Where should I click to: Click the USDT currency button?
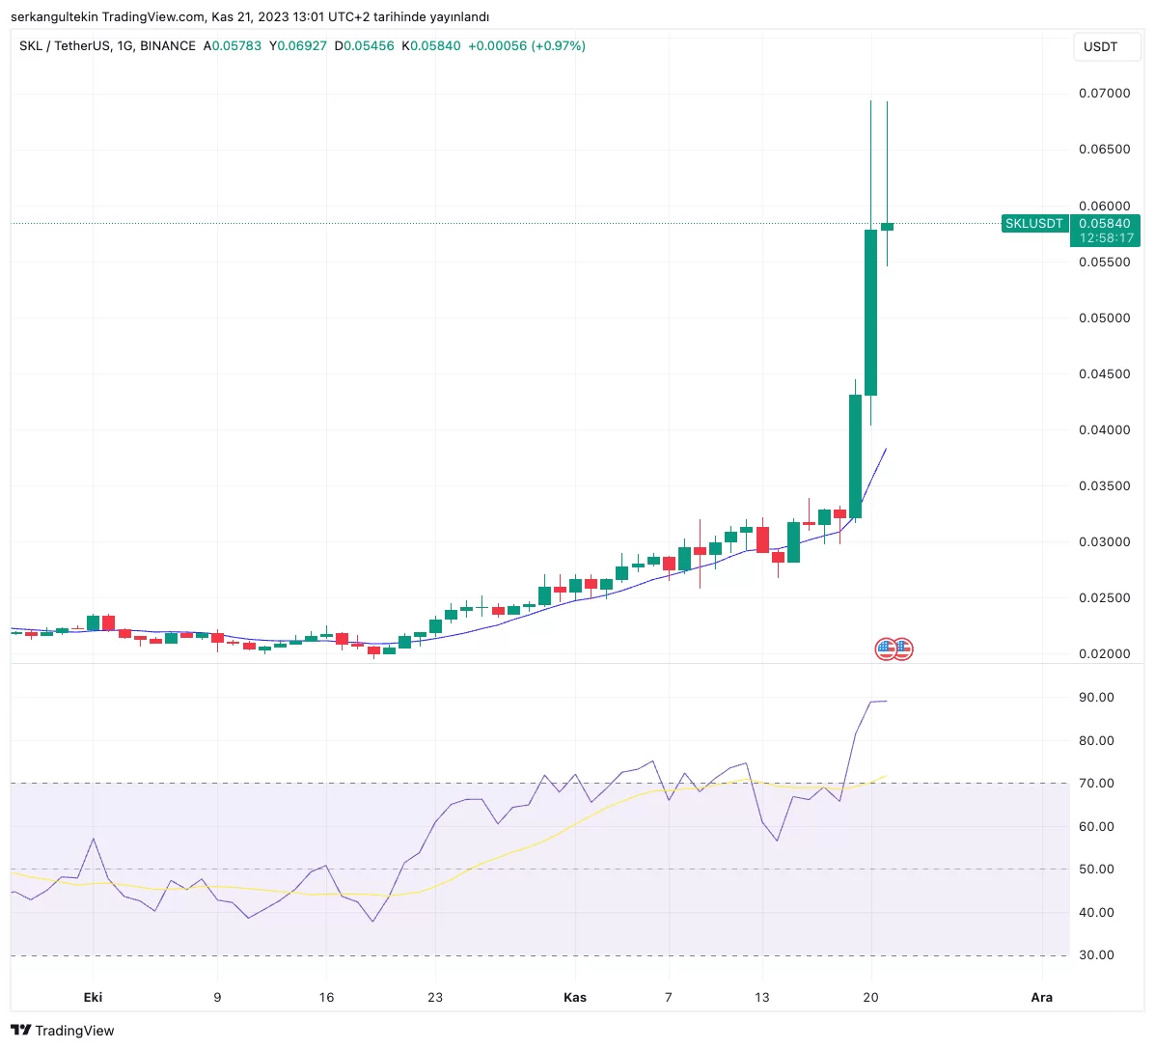[x=1100, y=46]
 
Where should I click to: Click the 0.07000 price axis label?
[x=1104, y=94]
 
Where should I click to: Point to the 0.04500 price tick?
[x=1104, y=374]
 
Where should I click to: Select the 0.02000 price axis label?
[x=1104, y=654]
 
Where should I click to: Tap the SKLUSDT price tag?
[x=1033, y=224]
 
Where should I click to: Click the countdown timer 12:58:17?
[x=1106, y=238]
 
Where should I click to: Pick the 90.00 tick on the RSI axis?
[x=1096, y=698]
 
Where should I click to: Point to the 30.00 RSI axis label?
[x=1096, y=955]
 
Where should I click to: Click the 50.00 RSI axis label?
[x=1096, y=870]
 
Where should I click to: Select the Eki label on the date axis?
[x=93, y=998]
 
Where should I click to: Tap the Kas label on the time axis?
[x=575, y=998]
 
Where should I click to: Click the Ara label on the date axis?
[x=1042, y=998]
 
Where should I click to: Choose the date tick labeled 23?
[x=435, y=998]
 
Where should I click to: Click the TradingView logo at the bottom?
[x=63, y=1031]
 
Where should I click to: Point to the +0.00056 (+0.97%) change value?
[x=526, y=46]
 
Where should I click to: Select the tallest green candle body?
[x=870, y=312]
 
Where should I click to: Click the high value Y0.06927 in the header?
[x=298, y=46]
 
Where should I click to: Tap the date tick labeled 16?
[x=326, y=998]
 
